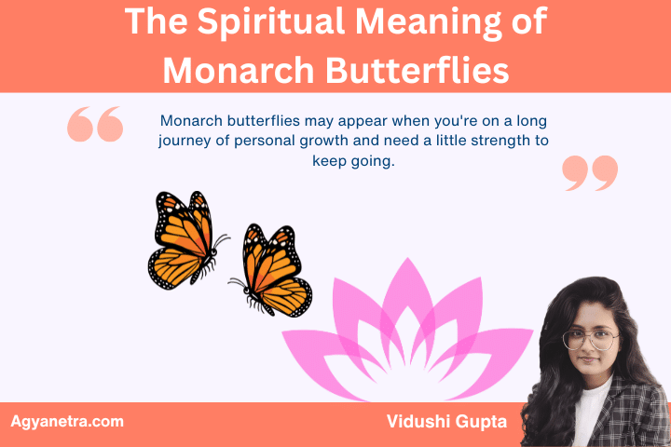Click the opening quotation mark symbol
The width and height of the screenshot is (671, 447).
click(95, 124)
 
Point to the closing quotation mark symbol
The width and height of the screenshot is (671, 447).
click(591, 173)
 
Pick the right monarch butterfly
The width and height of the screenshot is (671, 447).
click(271, 270)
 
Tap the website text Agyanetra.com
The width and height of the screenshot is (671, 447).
click(67, 422)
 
